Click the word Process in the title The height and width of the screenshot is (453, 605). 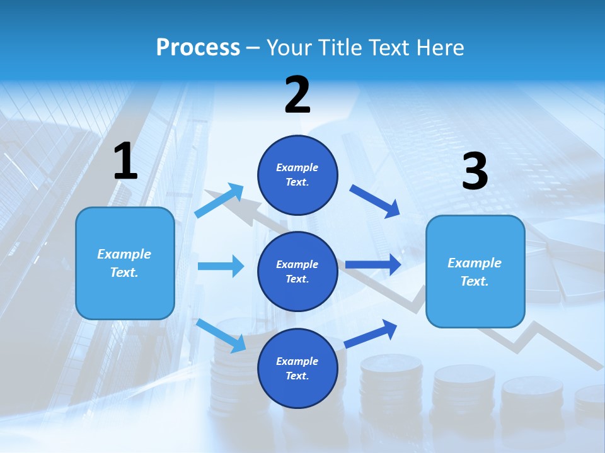coord(198,48)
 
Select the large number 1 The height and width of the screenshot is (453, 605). coord(125,162)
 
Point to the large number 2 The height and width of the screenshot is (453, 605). coord(297,96)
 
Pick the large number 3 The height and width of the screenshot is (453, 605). coord(475,172)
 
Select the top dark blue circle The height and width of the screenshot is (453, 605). coord(297,175)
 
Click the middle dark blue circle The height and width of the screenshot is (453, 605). coord(297,271)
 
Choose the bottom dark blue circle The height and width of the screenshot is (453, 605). coord(297,368)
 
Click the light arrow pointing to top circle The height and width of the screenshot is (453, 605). coord(219,201)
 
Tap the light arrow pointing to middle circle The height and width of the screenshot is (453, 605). coord(221,266)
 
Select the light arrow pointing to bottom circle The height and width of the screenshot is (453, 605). coord(221,335)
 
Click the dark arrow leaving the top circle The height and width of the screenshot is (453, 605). coord(375,201)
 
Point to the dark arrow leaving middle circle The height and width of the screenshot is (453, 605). coord(373,265)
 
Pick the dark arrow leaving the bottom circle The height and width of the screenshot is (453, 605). coord(371,334)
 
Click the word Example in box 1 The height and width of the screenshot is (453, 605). coord(124,254)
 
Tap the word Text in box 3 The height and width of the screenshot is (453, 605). coord(474,281)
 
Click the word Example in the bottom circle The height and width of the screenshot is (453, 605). coord(297,361)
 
